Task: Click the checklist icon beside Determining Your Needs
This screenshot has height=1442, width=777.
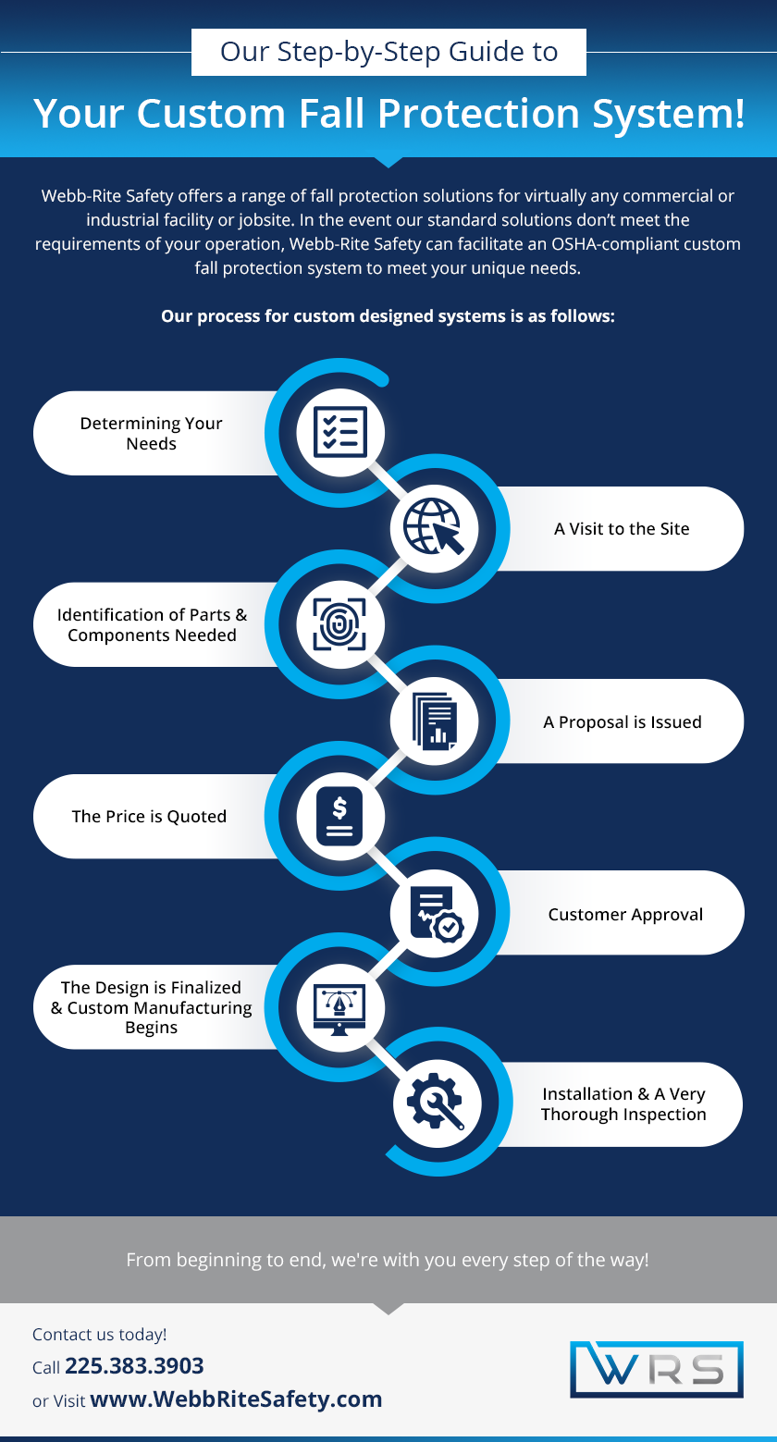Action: coord(339,431)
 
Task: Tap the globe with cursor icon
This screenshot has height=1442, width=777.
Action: coord(434,526)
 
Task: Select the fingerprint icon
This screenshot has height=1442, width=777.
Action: coord(339,623)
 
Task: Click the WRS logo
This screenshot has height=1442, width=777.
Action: coord(657,1369)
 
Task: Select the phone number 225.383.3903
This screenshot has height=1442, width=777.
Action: coord(134,1365)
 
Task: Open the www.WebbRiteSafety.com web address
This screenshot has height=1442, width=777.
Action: coord(236,1399)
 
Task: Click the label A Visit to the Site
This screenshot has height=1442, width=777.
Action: coord(622,528)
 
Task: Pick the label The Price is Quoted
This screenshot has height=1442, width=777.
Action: coord(149,817)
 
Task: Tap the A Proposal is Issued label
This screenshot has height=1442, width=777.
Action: coord(623,721)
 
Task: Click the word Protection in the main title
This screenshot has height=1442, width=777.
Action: coord(478,113)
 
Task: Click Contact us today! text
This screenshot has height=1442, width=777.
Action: coord(100,1335)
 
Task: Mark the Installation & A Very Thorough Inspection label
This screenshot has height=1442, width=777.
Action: coord(623,1104)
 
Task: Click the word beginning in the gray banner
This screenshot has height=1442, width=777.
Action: coord(213,1260)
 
